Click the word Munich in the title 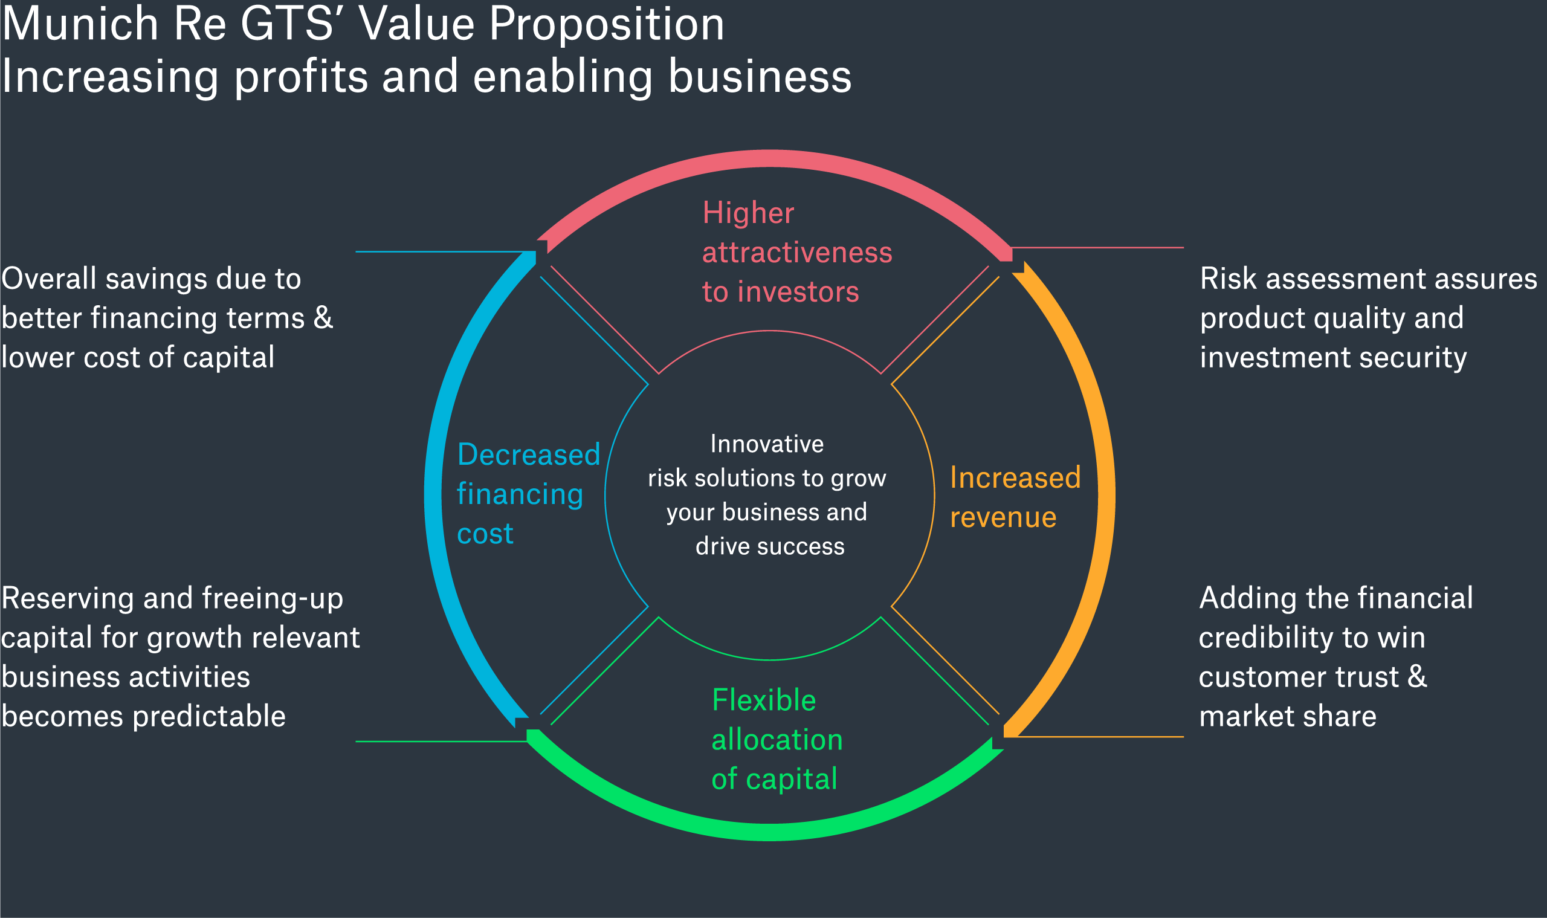click(x=81, y=25)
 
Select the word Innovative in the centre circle click(x=767, y=444)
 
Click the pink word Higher click(x=749, y=213)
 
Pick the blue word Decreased click(x=529, y=454)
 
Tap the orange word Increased click(x=1015, y=477)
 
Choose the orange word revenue click(x=1003, y=517)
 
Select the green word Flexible click(x=764, y=700)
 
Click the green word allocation click(x=777, y=740)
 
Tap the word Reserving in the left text click(x=68, y=598)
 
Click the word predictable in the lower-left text click(x=208, y=716)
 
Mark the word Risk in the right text click(x=1227, y=279)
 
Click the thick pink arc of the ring click(x=769, y=158)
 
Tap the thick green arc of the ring click(x=769, y=832)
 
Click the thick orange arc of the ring click(x=1106, y=495)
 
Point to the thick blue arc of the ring click(x=433, y=495)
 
